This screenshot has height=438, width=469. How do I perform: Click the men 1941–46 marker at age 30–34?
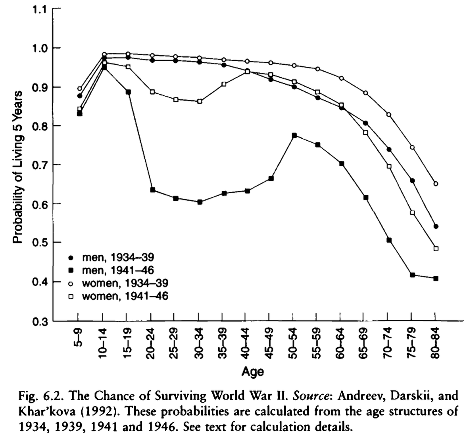[200, 202]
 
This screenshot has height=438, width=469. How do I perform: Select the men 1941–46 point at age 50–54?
[294, 136]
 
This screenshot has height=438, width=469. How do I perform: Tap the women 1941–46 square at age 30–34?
[200, 101]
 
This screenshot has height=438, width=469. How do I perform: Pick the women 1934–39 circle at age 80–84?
[436, 184]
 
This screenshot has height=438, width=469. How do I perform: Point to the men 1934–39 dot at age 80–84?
[436, 226]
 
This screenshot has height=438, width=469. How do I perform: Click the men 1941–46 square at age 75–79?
[412, 275]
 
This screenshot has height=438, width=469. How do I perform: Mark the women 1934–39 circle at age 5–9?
[79, 89]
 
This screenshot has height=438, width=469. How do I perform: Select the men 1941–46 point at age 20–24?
[153, 190]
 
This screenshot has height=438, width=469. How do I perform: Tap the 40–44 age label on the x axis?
[246, 343]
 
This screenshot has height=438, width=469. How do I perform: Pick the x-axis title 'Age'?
[252, 372]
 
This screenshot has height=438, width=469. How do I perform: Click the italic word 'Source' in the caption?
[309, 396]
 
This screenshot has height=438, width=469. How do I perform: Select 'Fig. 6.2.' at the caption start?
[36, 396]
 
